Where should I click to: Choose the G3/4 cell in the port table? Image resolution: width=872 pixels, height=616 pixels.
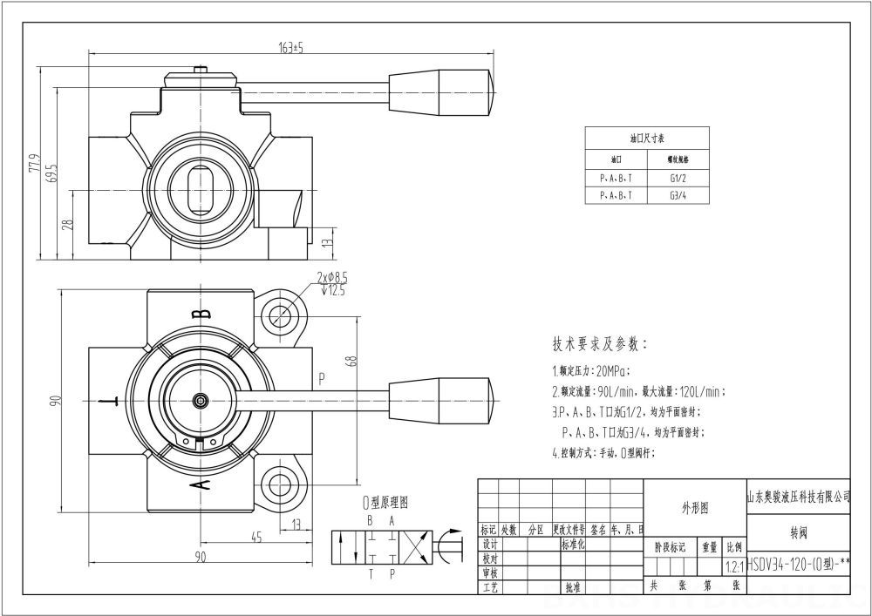(x=678, y=196)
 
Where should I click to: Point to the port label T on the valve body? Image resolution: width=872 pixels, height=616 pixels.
(x=108, y=402)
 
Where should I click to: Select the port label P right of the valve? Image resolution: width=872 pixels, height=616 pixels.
(x=322, y=378)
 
